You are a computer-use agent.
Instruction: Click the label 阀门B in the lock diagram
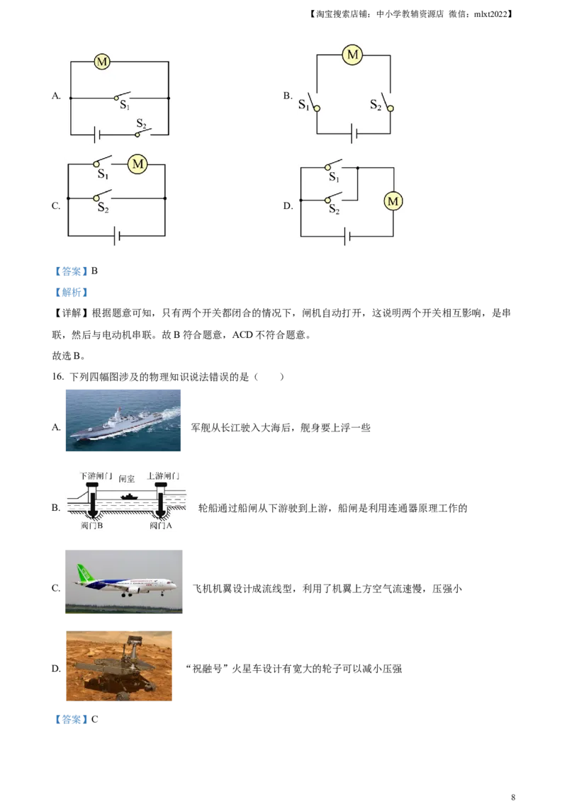tap(92, 526)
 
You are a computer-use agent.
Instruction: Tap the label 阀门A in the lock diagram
tap(160, 526)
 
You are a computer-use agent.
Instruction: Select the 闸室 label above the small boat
tap(127, 479)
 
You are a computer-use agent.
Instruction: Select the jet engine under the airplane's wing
tap(134, 589)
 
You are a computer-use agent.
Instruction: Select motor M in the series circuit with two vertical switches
tap(352, 55)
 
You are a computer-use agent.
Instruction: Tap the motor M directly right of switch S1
tap(137, 165)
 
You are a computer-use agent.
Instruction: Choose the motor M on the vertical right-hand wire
tap(393, 202)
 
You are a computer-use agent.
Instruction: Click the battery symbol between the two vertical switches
tap(352, 132)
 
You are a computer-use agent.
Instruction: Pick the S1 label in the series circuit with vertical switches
tap(303, 105)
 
